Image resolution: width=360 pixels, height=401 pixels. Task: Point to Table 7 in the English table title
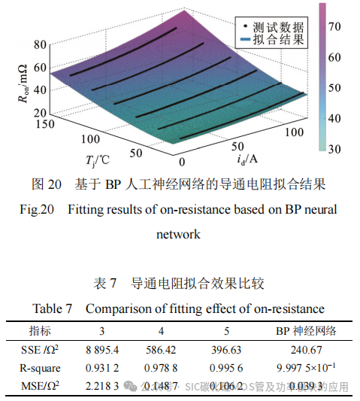coord(53,308)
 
